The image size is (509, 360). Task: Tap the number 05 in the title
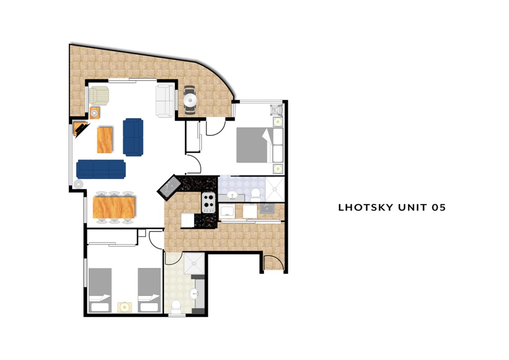tap(438, 207)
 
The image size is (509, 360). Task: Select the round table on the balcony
tap(190, 100)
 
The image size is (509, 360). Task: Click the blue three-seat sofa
tap(101, 169)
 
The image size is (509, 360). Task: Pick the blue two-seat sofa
tap(133, 137)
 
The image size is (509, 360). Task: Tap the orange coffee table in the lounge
tap(105, 140)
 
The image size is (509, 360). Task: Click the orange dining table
tap(114, 207)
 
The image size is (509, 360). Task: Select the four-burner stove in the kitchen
tap(208, 203)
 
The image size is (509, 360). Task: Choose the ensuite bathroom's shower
tap(275, 189)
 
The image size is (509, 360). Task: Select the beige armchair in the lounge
tap(98, 95)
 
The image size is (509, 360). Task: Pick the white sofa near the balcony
tap(165, 100)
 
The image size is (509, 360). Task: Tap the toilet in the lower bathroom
tap(176, 307)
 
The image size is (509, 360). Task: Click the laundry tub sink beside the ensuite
tap(267, 209)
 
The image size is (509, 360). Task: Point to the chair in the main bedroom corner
tap(277, 110)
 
